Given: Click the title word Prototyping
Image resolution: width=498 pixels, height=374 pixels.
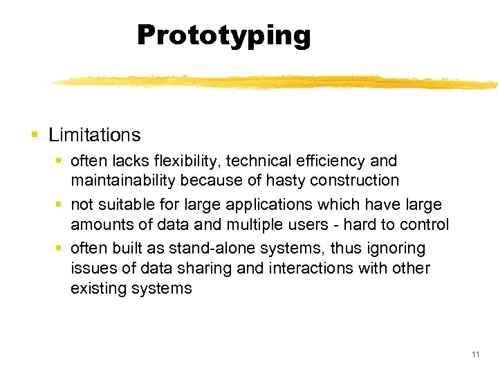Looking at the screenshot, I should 223,35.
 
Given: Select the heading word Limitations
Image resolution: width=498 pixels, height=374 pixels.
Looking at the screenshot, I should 94,135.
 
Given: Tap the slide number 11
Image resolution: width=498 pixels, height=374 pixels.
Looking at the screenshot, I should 475,355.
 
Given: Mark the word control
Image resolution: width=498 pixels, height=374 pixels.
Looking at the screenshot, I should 424,225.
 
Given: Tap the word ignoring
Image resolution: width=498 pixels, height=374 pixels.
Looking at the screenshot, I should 396,249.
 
